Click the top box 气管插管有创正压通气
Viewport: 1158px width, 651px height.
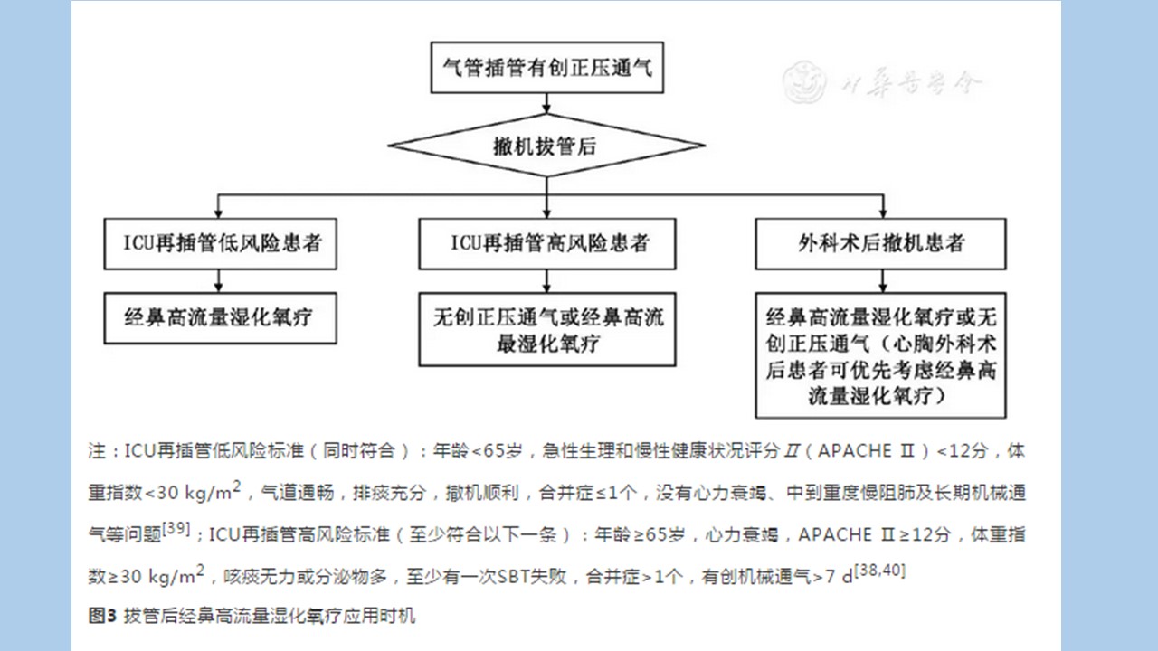tap(547, 68)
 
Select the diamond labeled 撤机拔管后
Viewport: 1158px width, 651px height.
tap(546, 146)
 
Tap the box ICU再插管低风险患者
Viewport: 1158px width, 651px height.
tap(220, 244)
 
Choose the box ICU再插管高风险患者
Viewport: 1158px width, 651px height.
tap(547, 244)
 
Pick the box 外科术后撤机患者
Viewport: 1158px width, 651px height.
tap(880, 244)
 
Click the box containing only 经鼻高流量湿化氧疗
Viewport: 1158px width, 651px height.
tap(220, 318)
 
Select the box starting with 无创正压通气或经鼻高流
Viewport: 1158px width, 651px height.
tap(547, 330)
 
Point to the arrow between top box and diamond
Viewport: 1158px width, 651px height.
tap(546, 103)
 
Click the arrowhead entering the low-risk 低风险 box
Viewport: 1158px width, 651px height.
tap(218, 213)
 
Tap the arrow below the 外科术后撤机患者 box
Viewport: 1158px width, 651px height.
tap(883, 281)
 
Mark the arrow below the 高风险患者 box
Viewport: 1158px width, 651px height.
tap(546, 281)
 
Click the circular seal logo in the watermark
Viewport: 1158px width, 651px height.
tap(804, 82)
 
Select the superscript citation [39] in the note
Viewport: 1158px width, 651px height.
tap(176, 529)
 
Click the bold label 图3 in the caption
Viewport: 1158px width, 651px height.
tap(103, 616)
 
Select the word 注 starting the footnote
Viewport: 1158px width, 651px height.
tap(97, 451)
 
